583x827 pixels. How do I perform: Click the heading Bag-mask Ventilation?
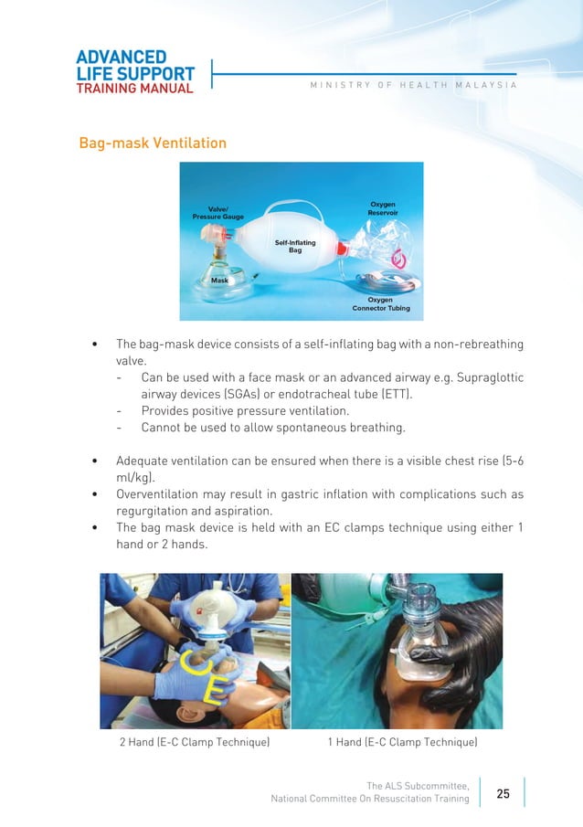point(153,143)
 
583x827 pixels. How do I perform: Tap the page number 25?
point(503,793)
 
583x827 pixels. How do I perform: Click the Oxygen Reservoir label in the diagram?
point(382,208)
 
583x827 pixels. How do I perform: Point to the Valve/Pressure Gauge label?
point(217,213)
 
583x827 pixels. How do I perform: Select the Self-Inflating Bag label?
point(294,246)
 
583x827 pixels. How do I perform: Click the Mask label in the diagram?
point(219,281)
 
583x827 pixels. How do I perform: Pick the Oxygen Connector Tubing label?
point(380,303)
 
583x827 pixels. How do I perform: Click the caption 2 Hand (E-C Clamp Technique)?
point(194,742)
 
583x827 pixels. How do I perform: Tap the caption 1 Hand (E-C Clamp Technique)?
point(402,742)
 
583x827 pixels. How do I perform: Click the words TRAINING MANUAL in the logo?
point(134,89)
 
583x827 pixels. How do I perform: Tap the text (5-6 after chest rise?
point(508,461)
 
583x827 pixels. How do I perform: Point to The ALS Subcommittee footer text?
point(418,785)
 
